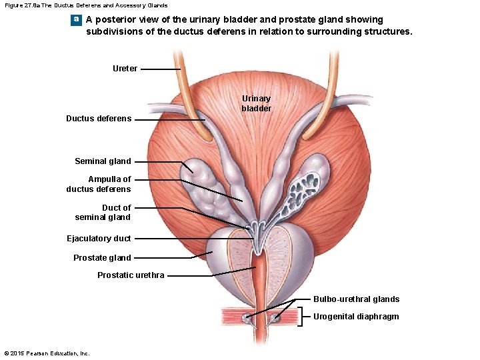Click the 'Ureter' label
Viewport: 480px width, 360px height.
pos(125,68)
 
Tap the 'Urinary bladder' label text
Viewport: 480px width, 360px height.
pos(256,103)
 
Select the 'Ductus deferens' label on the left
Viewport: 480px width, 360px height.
pos(99,119)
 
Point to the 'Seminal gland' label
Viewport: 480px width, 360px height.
pos(103,161)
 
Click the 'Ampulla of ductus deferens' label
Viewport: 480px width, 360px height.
pos(99,184)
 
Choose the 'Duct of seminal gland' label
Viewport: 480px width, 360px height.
pos(103,212)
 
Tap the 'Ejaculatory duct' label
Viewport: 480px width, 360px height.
pos(99,238)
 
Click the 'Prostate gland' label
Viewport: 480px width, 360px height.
pos(102,257)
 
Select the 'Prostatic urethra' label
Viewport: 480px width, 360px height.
pos(131,275)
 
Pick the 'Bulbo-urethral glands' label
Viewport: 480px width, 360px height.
pos(356,299)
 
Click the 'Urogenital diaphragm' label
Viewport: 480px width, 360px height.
pos(356,317)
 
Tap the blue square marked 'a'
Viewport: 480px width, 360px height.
pos(77,19)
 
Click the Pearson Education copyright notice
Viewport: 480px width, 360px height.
pos(47,353)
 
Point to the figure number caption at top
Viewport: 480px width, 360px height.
pos(86,5)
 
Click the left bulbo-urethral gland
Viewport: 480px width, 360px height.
pos(246,318)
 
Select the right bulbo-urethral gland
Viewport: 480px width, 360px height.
pos(274,318)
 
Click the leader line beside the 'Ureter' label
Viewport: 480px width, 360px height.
pos(160,69)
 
